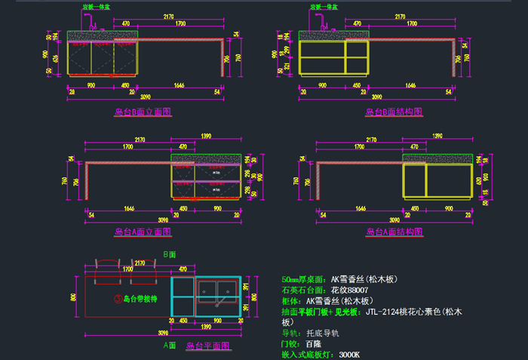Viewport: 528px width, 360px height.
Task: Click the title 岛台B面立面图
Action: tap(143, 112)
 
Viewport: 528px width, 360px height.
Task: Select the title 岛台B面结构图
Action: tap(394, 112)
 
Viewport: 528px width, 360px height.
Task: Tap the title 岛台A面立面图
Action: tap(143, 232)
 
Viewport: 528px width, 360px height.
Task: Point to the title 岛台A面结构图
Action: tap(394, 232)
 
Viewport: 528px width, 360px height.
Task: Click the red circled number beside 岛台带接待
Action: tap(118, 299)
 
